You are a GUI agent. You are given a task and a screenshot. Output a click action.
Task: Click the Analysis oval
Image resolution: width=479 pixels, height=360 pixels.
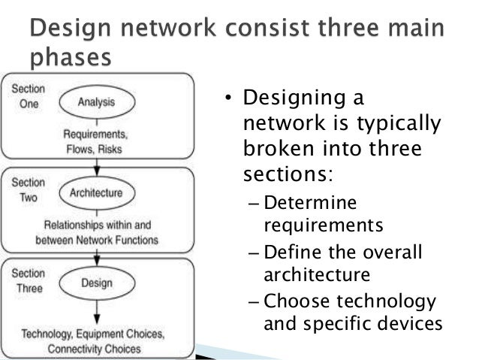tap(103, 101)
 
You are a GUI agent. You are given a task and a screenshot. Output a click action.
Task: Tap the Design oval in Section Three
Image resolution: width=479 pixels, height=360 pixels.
tap(104, 283)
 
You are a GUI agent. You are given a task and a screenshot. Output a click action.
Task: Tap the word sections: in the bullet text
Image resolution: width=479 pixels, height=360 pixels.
tap(285, 175)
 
